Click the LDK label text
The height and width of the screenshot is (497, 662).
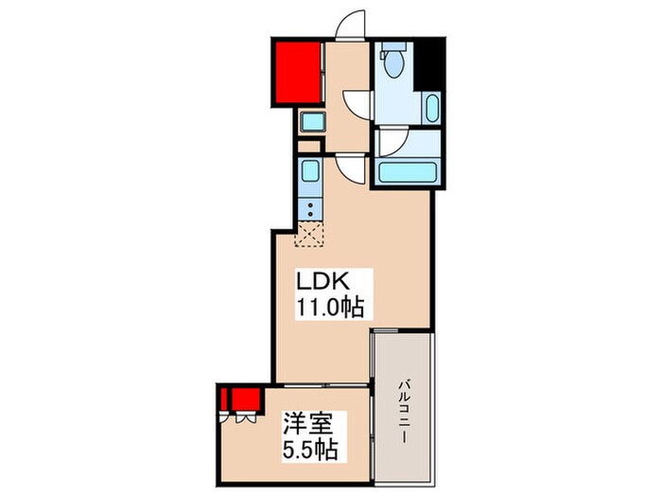point(325,282)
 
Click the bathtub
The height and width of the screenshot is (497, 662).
point(406,173)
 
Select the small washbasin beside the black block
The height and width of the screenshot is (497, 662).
point(432,108)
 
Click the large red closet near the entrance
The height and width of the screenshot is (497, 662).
point(298,72)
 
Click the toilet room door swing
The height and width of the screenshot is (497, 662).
point(357,101)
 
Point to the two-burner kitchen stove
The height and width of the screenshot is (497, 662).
point(311,207)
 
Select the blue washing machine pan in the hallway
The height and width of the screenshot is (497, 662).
point(312,121)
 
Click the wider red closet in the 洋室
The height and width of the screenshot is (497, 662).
point(247,397)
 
